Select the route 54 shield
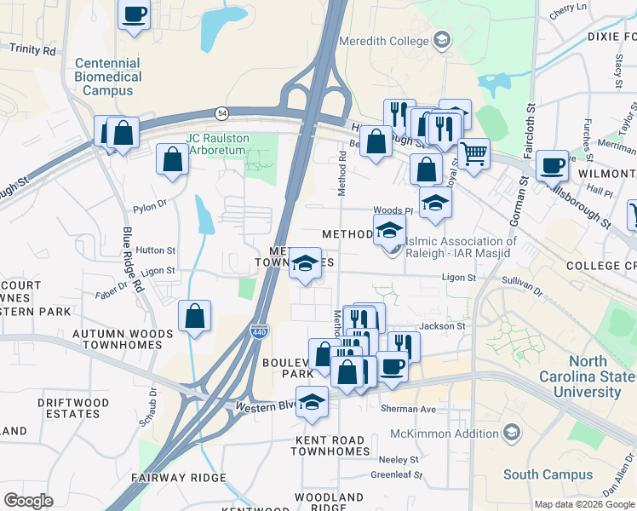(x=222, y=112)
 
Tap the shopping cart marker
(x=473, y=153)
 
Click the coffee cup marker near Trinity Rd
(x=135, y=14)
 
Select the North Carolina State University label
(x=587, y=376)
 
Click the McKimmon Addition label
(x=456, y=433)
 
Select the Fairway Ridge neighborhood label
(x=179, y=477)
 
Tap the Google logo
(x=28, y=500)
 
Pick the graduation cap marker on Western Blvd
(x=313, y=401)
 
